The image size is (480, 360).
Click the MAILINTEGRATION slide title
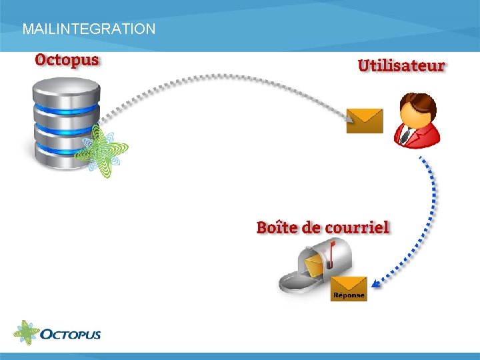point(89,29)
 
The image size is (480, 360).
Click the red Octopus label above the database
point(67,60)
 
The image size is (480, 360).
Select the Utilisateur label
point(401,65)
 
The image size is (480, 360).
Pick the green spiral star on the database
point(101,151)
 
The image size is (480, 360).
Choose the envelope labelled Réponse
point(349,288)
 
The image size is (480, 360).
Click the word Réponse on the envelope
point(349,295)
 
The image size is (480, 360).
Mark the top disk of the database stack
point(66,90)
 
